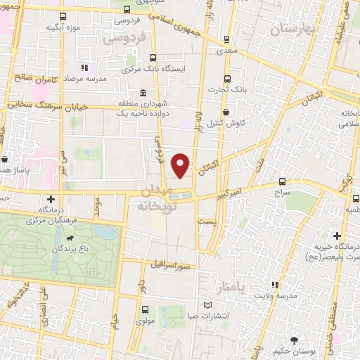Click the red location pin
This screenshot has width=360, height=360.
click(181, 165)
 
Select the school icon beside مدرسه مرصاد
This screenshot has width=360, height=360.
click(84, 68)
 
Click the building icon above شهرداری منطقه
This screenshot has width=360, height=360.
click(143, 94)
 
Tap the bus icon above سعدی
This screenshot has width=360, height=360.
click(226, 40)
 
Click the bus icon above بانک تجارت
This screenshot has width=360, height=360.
click(226, 79)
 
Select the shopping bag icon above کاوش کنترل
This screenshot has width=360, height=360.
click(225, 112)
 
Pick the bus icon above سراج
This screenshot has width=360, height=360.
click(282, 181)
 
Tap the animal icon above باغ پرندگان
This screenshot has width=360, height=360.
click(69, 239)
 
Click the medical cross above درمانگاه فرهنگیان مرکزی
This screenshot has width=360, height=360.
click(50, 199)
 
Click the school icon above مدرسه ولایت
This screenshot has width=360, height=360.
click(276, 285)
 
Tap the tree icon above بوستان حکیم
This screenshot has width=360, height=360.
click(304, 338)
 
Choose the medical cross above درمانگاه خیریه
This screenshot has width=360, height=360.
click(337, 236)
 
